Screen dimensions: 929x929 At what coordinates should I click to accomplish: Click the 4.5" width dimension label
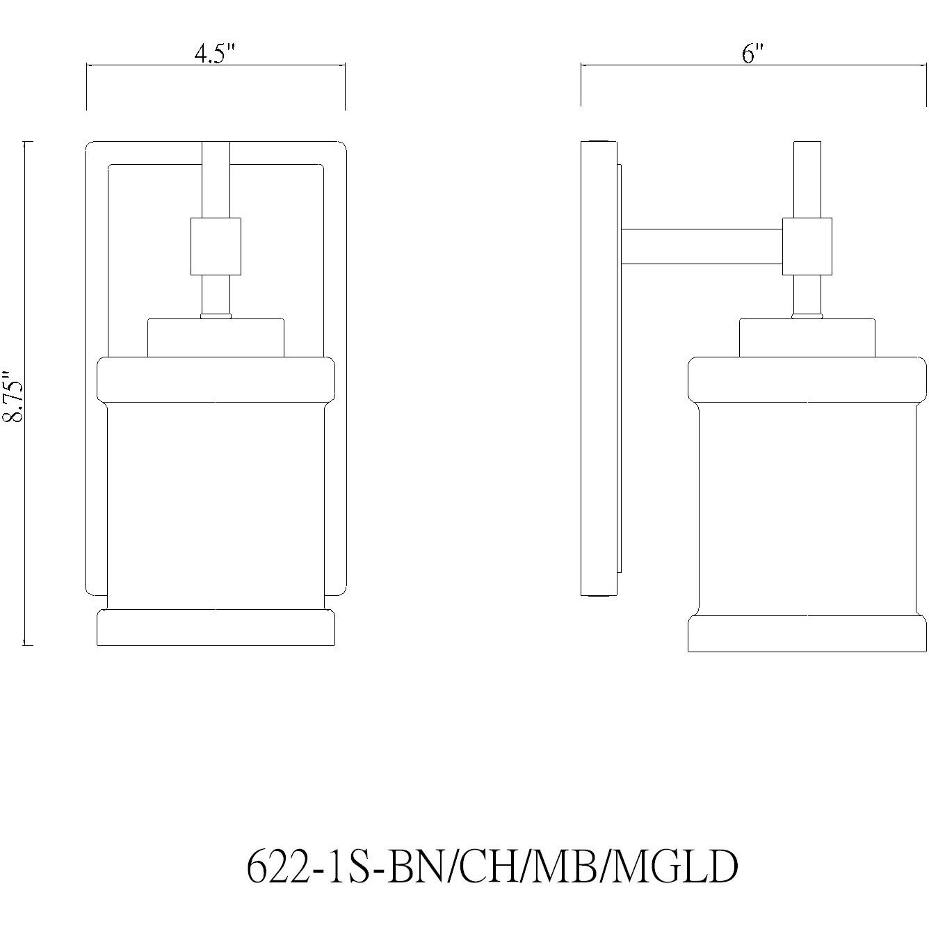click(216, 54)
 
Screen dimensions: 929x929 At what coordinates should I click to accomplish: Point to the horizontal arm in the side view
click(702, 247)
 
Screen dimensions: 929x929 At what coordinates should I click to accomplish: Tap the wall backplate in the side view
click(598, 369)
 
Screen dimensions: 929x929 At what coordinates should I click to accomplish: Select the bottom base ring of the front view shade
click(216, 629)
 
